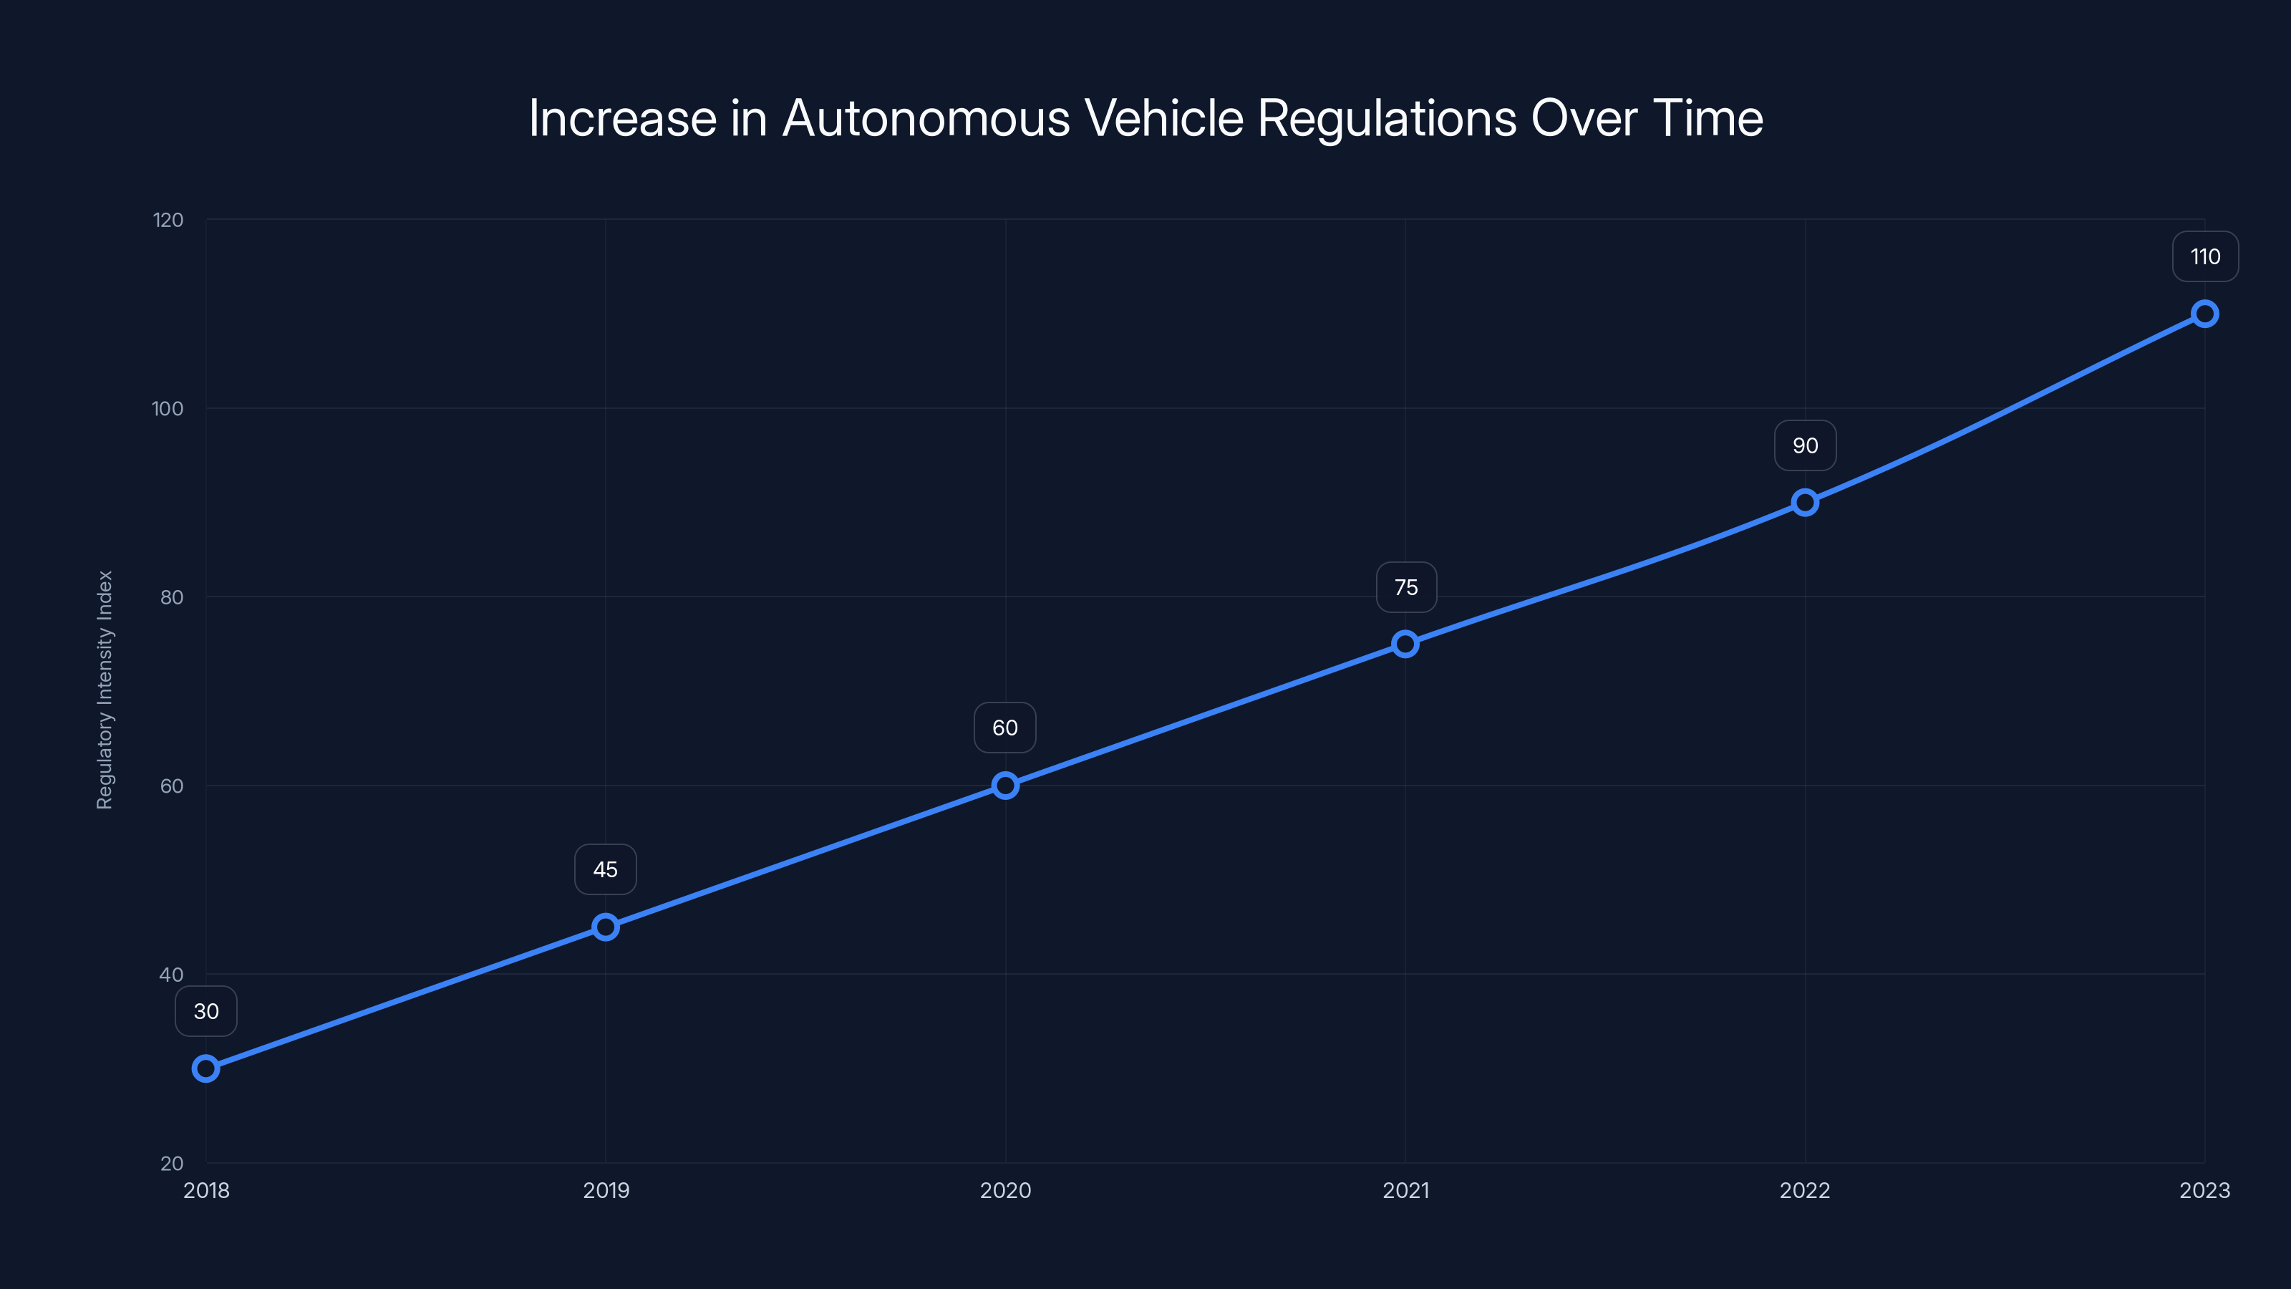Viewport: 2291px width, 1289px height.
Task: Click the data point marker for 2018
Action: click(x=205, y=1068)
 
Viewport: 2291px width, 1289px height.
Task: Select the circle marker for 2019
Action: click(x=606, y=927)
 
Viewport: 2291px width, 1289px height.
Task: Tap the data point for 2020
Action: click(x=1005, y=786)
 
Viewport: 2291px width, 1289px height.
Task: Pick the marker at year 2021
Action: click(x=1405, y=644)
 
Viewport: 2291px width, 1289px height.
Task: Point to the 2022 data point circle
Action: click(x=1804, y=503)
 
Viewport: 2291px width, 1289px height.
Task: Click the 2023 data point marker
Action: click(x=2205, y=314)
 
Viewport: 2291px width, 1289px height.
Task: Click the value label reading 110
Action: click(x=2205, y=257)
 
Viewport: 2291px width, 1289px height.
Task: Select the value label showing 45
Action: click(x=606, y=869)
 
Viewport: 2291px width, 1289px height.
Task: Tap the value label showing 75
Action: click(x=1406, y=587)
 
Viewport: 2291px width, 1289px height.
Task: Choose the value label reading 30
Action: click(x=205, y=1011)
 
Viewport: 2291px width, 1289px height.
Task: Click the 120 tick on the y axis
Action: click(x=168, y=220)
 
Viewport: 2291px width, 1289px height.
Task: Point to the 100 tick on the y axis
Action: click(x=168, y=408)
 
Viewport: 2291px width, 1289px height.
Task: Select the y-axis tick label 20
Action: click(x=172, y=1163)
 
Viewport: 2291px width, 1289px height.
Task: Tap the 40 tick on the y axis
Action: click(x=171, y=974)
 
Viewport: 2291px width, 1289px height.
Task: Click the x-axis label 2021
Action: click(x=1405, y=1190)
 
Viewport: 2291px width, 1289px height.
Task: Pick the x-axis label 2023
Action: click(x=2205, y=1190)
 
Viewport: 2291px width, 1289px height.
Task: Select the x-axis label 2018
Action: click(x=205, y=1190)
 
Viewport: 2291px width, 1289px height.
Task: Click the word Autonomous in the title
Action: click(x=925, y=118)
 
